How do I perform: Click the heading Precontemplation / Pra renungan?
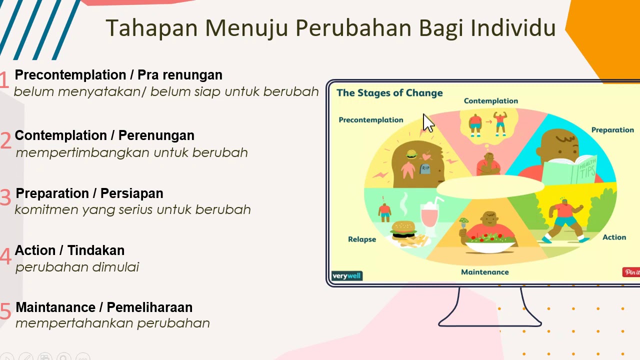(x=118, y=75)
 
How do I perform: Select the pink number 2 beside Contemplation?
(x=5, y=141)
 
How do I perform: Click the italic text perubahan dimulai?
(x=77, y=267)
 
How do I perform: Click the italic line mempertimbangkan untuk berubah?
(x=131, y=152)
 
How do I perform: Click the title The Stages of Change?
(x=389, y=93)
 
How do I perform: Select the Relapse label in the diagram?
(x=362, y=239)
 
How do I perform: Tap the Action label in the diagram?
(x=614, y=237)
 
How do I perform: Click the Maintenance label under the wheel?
(x=484, y=272)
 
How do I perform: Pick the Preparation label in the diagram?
(x=612, y=130)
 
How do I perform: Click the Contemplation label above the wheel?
(x=490, y=101)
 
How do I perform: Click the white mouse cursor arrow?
(x=427, y=122)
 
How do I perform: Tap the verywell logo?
(x=346, y=276)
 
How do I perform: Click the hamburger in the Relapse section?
(x=403, y=229)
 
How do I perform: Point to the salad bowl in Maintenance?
(x=490, y=242)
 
